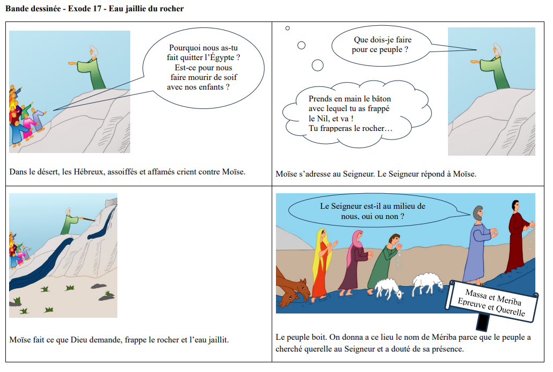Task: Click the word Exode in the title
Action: pos(80,9)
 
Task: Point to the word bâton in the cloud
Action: pos(381,99)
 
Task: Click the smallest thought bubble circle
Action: pos(287,28)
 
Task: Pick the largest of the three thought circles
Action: pos(317,65)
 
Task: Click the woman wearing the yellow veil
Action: pos(322,263)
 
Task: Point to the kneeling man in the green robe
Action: pos(384,263)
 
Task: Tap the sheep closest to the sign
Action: pos(428,282)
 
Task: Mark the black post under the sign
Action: pos(482,322)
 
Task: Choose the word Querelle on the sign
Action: pos(510,310)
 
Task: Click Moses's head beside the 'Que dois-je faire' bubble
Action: pos(497,49)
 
